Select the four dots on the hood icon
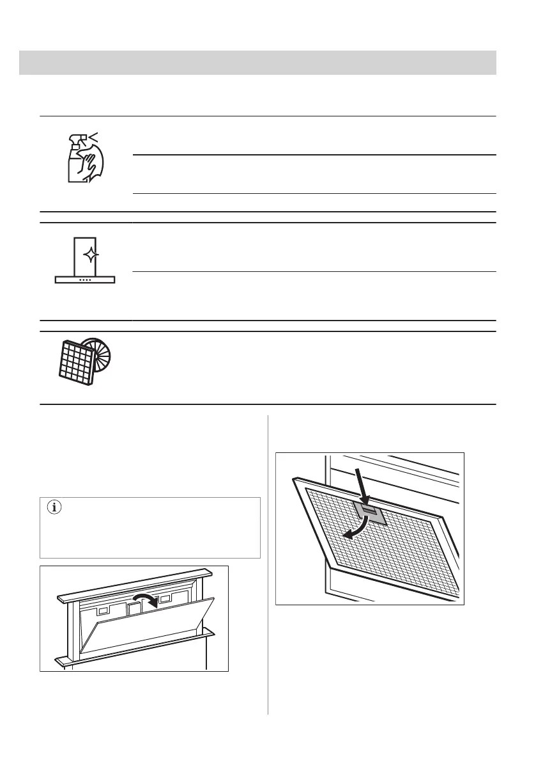[85, 279]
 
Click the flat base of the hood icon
[85, 280]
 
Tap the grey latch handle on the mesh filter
[369, 512]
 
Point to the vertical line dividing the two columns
[268, 563]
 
